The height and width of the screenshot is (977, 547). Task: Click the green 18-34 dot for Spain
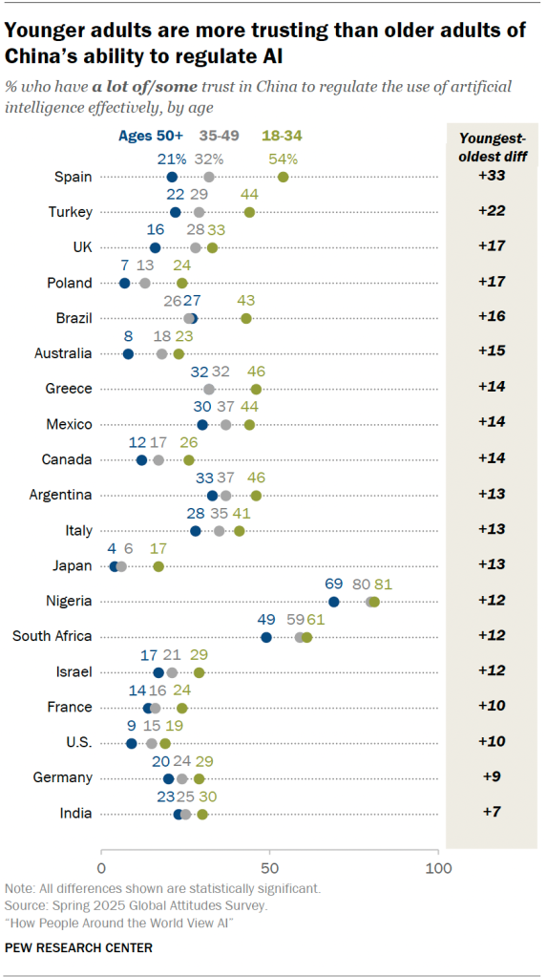pos(284,177)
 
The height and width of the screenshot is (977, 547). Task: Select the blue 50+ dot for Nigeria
pos(334,602)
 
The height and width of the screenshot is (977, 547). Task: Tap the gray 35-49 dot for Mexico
pos(226,424)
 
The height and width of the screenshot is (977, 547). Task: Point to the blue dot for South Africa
pos(266,637)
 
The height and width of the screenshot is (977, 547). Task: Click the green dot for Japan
pos(158,566)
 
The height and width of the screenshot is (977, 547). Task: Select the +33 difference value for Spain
pos(492,177)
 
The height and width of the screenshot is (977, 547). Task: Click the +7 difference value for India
pos(492,814)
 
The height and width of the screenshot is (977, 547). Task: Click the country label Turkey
pos(71,212)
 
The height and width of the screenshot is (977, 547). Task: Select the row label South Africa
pos(52,637)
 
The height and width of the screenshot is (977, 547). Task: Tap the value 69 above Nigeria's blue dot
pos(334,584)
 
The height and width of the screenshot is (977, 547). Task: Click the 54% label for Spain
pos(284,159)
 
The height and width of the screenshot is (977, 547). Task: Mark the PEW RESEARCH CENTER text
pos(78,947)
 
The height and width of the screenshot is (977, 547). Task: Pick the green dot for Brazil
pos(246,318)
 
